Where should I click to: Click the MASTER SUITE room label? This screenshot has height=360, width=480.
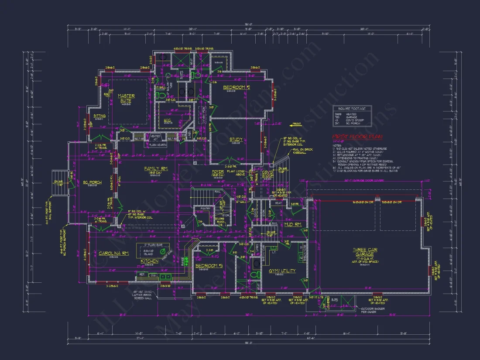126,98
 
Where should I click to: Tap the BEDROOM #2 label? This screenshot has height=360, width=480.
236,88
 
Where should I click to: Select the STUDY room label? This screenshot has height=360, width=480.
236,140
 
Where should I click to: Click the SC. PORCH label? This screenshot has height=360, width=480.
93,182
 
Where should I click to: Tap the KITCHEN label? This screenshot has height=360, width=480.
150,261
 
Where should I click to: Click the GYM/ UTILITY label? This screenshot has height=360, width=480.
281,271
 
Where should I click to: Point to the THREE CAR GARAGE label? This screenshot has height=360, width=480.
363,252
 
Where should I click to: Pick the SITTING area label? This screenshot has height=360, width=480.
99,116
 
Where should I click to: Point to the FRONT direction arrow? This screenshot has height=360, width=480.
297,124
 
